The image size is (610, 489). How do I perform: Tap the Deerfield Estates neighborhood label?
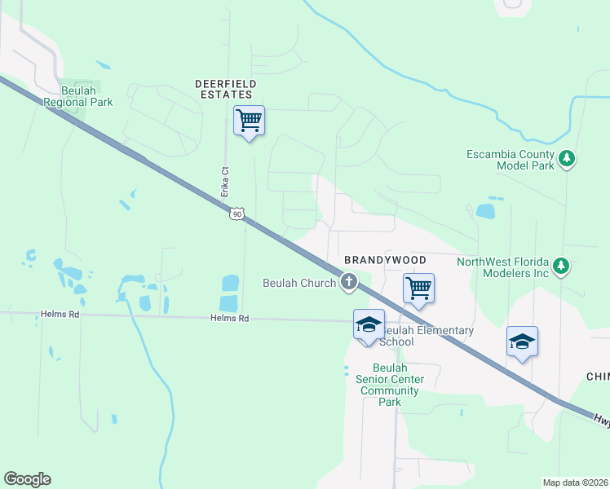click(x=226, y=89)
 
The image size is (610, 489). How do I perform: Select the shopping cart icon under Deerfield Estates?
click(x=249, y=121)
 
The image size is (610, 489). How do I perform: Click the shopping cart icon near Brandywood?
click(x=418, y=288)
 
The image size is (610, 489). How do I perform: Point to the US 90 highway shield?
click(x=236, y=214)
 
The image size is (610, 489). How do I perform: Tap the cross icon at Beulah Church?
click(x=349, y=283)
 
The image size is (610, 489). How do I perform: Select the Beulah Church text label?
click(x=299, y=283)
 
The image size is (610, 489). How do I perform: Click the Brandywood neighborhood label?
click(x=385, y=259)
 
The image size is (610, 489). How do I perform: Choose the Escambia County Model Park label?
click(x=511, y=160)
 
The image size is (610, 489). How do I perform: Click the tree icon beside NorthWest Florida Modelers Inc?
click(x=560, y=266)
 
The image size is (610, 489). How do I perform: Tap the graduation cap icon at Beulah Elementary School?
click(x=369, y=324)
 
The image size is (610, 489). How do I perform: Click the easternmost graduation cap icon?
click(x=522, y=341)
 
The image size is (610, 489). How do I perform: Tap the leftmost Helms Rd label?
click(x=61, y=314)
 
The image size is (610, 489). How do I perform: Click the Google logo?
click(x=27, y=479)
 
